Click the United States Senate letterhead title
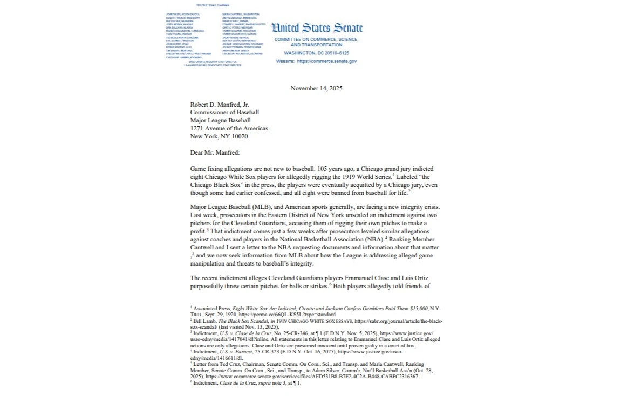point(316,28)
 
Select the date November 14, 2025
point(316,88)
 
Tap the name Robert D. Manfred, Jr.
point(220,104)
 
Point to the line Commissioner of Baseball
point(222,113)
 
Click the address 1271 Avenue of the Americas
point(229,129)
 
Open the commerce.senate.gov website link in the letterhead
point(326,62)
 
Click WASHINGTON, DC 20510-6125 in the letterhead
point(316,54)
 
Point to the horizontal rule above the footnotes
point(229,302)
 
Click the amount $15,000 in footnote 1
point(415,308)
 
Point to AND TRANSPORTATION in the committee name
point(316,45)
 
